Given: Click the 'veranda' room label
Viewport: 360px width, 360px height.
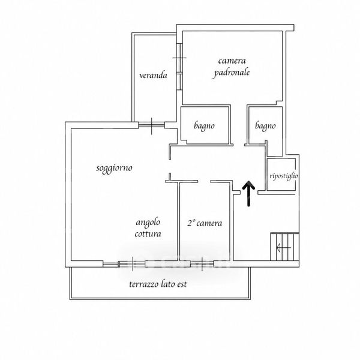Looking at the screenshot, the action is click(153, 75).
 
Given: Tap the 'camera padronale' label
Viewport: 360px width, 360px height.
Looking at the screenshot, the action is click(232, 67).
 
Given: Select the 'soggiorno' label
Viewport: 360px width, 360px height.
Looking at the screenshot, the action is click(114, 168).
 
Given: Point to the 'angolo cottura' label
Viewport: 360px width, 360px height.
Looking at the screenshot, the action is click(148, 228).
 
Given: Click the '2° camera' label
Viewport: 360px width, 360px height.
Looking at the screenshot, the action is click(205, 223).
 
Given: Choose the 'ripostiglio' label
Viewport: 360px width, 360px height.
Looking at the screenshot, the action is click(284, 176).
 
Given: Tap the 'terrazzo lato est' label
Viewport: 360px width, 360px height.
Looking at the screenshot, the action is click(158, 284).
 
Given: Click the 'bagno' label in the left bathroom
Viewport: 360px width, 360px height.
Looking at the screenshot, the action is click(204, 126).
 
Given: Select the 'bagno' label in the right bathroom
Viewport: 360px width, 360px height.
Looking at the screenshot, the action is click(265, 126).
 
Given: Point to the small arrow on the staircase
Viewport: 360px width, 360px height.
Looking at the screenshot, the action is click(283, 247).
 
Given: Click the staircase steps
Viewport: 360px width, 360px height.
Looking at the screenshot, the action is click(284, 247).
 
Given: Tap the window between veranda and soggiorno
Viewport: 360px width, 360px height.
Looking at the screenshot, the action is click(152, 125).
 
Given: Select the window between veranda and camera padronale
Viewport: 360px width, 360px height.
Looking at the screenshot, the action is click(179, 66).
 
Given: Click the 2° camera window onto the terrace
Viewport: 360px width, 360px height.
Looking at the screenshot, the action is click(202, 264).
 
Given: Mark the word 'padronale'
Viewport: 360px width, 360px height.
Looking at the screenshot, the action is click(232, 73).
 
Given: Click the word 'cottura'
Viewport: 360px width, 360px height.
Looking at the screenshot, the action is click(148, 234).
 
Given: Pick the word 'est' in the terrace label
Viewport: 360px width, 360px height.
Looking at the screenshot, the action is click(182, 284).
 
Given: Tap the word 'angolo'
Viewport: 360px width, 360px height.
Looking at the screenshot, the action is click(148, 223).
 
